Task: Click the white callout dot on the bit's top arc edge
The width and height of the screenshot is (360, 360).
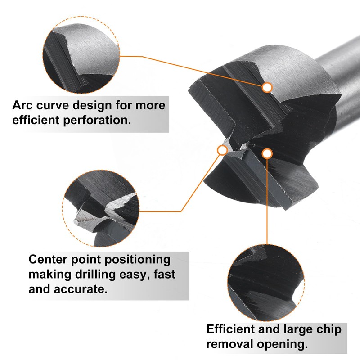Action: [x=267, y=87]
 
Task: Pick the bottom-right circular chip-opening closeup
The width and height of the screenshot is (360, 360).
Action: [x=265, y=282]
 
